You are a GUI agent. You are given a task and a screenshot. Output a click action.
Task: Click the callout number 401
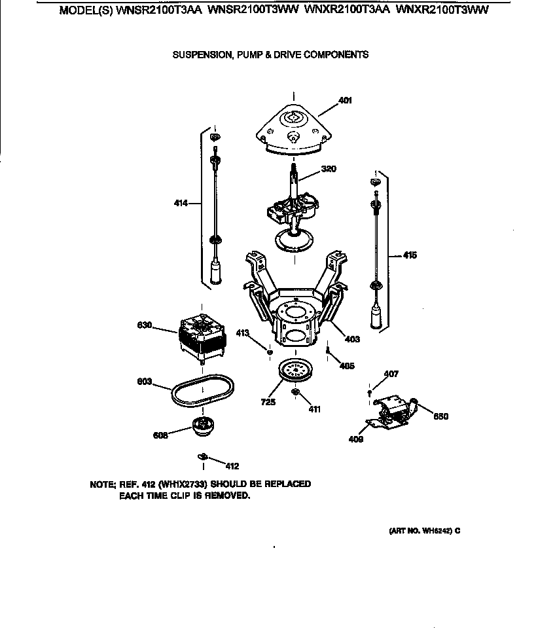[345, 101]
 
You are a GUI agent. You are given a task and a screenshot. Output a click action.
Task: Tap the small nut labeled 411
[295, 393]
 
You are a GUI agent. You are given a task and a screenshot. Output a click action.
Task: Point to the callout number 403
[352, 339]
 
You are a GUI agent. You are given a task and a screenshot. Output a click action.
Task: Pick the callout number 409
[356, 439]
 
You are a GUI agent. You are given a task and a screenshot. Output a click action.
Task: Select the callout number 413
[243, 333]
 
